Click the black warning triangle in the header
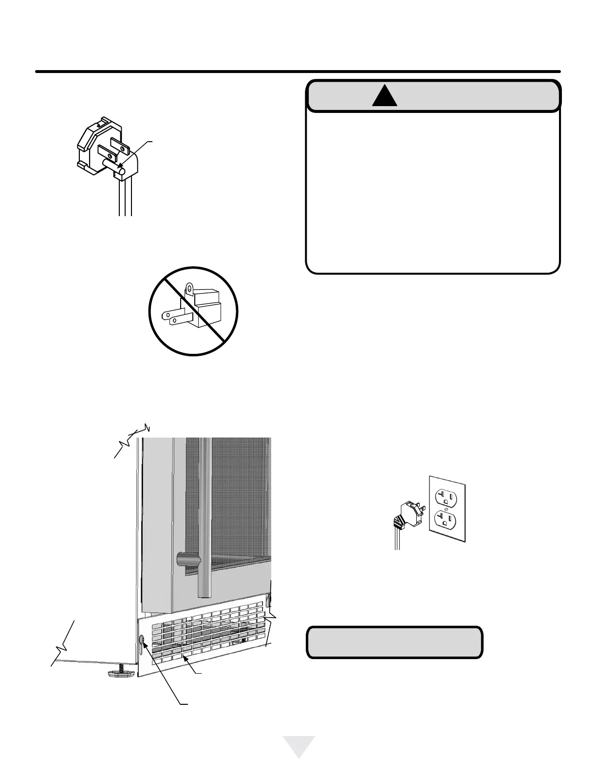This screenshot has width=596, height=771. [x=385, y=96]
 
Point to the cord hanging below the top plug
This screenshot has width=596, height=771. [x=125, y=200]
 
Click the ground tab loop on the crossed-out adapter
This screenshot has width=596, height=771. [x=190, y=290]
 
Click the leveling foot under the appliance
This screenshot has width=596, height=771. [x=120, y=673]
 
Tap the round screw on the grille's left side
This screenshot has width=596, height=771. [x=142, y=640]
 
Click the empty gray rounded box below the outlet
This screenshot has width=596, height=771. [x=394, y=642]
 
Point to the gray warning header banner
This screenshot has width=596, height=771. [x=433, y=96]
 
